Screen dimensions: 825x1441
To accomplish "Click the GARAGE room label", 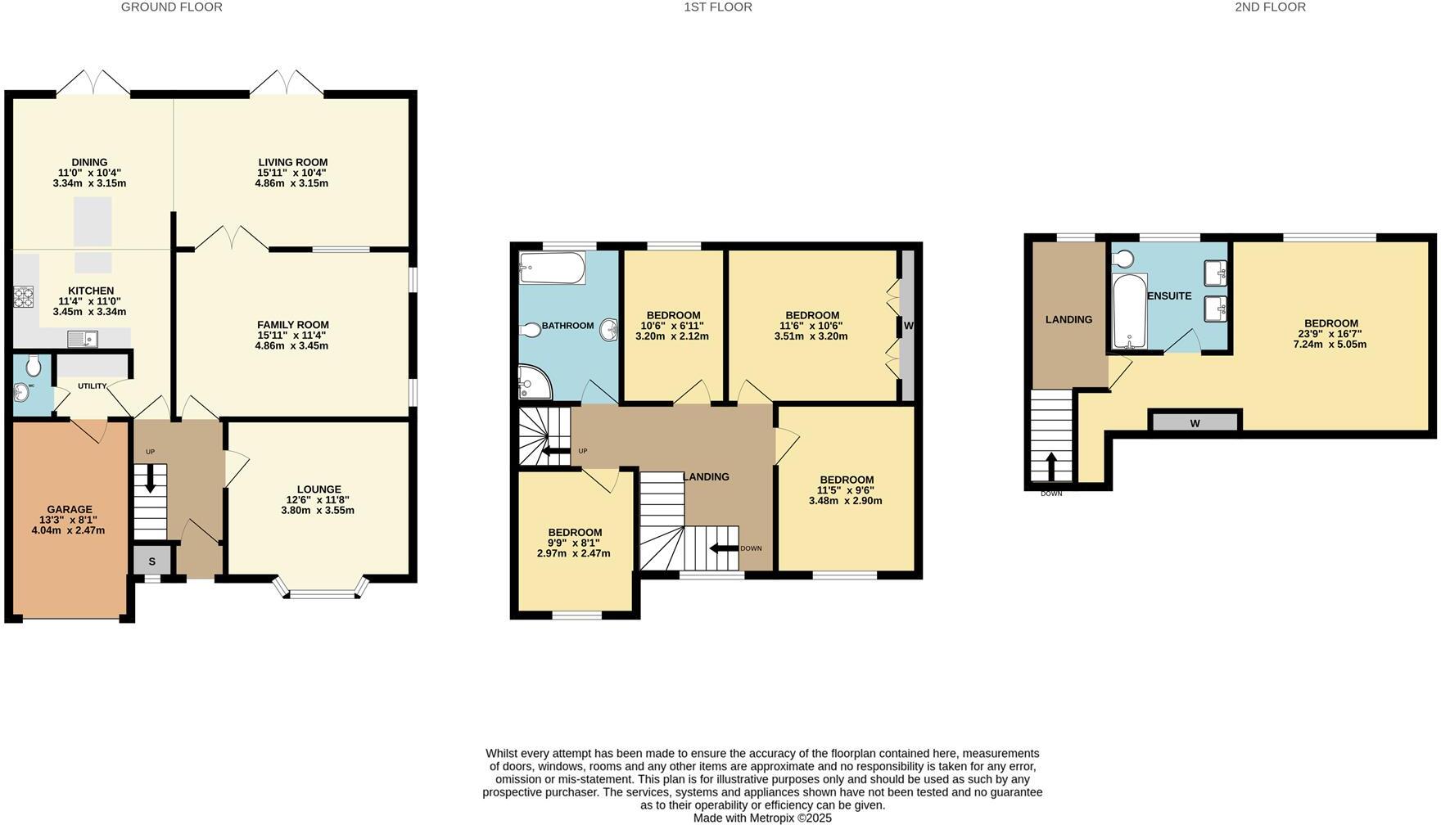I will click(70, 509).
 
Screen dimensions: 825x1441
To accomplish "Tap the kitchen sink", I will click(83, 338).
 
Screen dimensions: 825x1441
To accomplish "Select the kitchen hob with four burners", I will click(23, 296).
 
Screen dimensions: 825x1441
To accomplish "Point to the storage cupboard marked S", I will click(152, 561).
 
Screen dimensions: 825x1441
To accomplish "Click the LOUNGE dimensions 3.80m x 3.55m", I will click(318, 510).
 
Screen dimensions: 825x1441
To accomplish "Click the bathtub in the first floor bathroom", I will click(552, 268).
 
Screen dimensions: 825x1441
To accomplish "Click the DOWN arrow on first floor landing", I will click(724, 548).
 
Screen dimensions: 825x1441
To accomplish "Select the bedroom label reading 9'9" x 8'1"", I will click(574, 543).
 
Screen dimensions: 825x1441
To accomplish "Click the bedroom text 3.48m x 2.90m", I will click(846, 500).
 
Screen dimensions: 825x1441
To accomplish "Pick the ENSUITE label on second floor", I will click(1169, 295).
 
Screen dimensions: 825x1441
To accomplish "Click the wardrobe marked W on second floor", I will click(1195, 422).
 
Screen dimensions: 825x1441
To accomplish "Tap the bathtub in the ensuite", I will click(1129, 312).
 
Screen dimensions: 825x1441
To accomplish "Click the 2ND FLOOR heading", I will click(1270, 7).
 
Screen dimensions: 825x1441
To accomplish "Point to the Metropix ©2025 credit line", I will click(762, 818).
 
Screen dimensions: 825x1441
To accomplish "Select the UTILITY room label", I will click(92, 385).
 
